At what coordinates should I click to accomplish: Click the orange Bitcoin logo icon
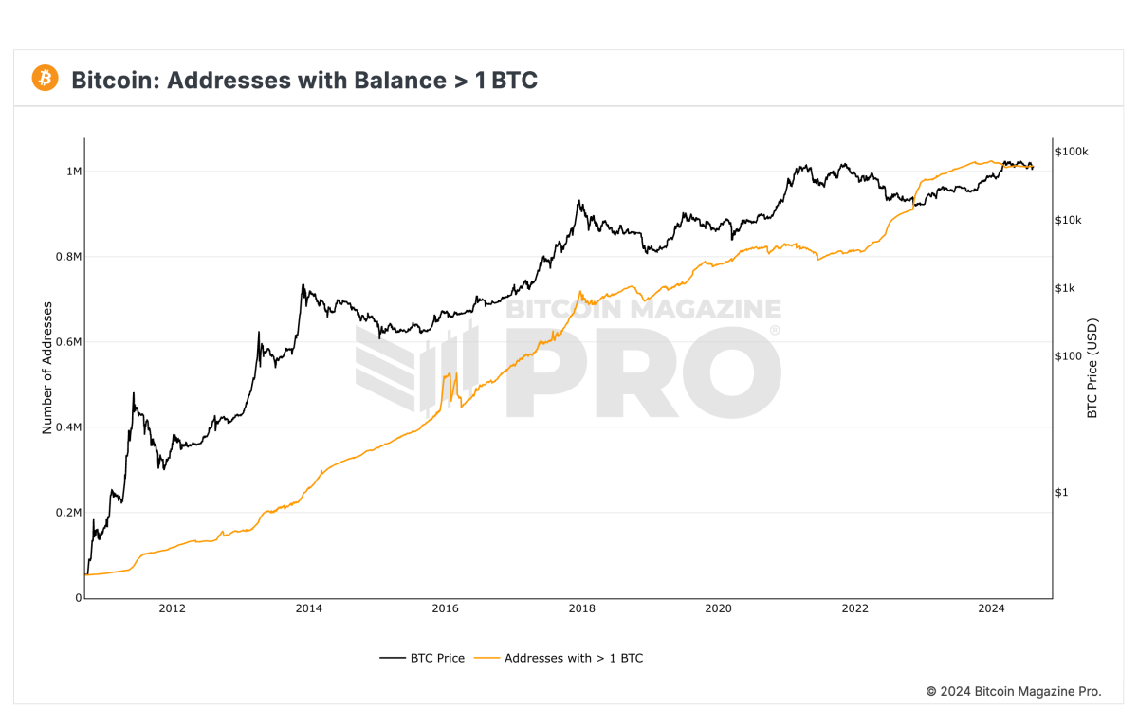coord(45,79)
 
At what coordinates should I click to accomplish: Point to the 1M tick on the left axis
coord(73,172)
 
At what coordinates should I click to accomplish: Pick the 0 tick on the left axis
coord(78,598)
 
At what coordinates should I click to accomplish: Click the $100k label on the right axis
coord(1071,152)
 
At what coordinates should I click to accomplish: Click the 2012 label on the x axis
coord(172,608)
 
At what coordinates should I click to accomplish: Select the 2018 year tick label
coord(581,608)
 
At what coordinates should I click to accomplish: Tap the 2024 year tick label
coord(991,608)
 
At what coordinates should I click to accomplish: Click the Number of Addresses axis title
coord(46,370)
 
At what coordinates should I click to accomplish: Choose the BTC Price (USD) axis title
coord(1092,370)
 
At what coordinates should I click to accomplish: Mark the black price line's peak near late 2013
coord(303,284)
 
